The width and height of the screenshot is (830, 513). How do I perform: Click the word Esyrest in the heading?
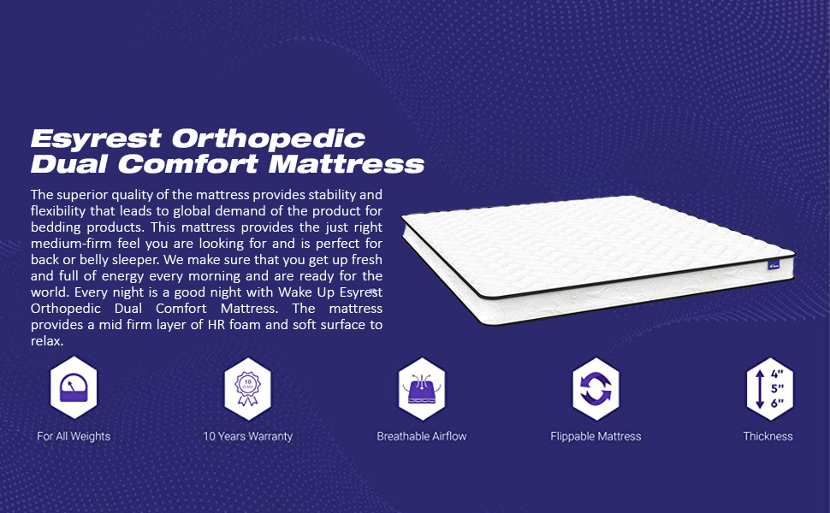tap(95, 139)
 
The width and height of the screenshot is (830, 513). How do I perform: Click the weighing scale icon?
tap(74, 389)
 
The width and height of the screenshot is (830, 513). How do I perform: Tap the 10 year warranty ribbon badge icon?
tap(247, 389)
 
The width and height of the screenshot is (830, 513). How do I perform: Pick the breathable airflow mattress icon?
tap(422, 389)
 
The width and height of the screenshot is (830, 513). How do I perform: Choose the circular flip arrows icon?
tap(596, 389)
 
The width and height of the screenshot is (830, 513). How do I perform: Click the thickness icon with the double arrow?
tap(768, 389)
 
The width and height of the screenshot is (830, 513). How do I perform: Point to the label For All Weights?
tap(74, 436)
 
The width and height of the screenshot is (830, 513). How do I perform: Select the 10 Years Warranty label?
tap(247, 436)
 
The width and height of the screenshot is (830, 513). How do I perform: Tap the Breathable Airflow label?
tap(422, 436)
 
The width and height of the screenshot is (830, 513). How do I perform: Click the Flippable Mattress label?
tap(596, 436)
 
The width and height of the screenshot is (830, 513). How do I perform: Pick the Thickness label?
tap(768, 436)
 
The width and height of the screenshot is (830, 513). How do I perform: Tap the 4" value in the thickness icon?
tap(777, 374)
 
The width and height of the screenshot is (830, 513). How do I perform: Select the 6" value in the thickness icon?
tap(777, 404)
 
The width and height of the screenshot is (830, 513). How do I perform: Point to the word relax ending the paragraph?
tap(46, 341)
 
